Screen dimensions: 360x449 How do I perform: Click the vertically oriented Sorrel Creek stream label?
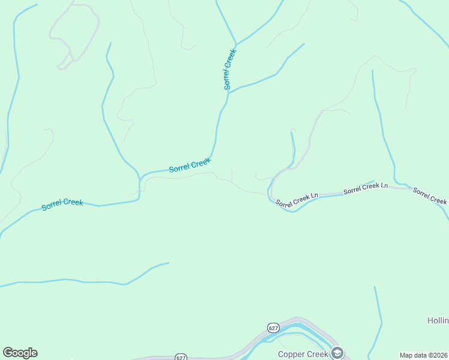228,69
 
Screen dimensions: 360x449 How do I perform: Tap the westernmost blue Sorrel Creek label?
62,204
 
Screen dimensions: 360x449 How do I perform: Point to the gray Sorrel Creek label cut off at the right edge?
430,197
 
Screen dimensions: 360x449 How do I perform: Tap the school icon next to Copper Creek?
337,353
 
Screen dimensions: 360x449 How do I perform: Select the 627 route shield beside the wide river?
273,328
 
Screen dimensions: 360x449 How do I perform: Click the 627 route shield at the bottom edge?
181,357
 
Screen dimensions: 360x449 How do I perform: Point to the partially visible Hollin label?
438,321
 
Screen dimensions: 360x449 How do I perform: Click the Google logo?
20,353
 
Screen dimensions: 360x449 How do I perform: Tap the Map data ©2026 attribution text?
424,355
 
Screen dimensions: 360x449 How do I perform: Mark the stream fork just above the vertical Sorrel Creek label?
237,44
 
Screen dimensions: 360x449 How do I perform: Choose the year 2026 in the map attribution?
439,355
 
